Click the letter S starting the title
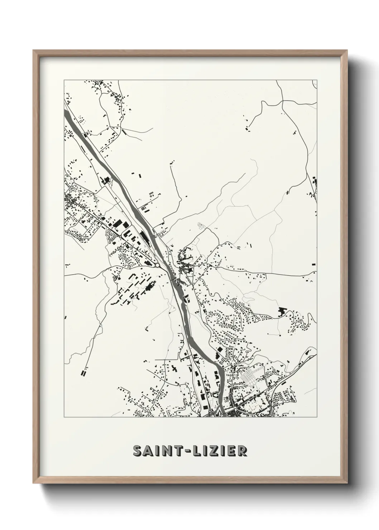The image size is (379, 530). pyautogui.click(x=138, y=451)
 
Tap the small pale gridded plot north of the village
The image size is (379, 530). pyautogui.click(x=201, y=226)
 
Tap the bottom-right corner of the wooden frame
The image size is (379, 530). pyautogui.click(x=346, y=484)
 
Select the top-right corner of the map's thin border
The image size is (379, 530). pyautogui.click(x=317, y=80)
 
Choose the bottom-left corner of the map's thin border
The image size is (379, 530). pyautogui.click(x=64, y=418)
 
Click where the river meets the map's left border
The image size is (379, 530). pyautogui.click(x=65, y=111)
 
